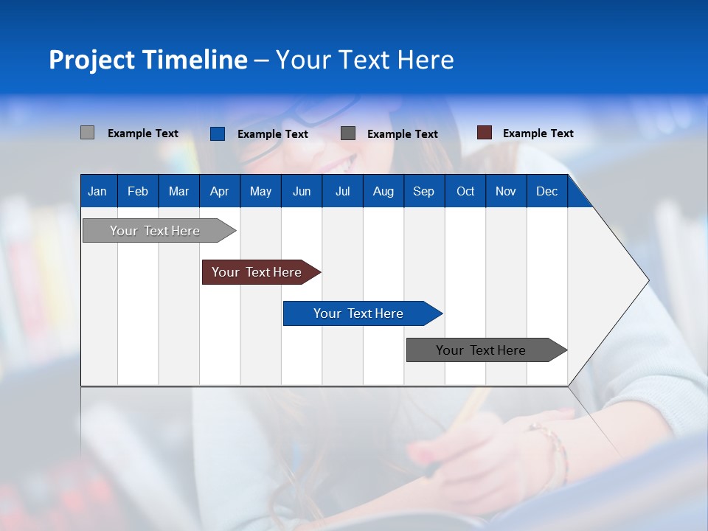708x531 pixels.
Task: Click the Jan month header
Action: point(97,191)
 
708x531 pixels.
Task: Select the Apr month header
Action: point(219,191)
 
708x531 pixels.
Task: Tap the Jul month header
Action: point(342,191)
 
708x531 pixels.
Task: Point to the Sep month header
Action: point(423,191)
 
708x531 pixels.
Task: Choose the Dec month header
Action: point(546,191)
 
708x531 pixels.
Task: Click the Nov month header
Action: point(505,191)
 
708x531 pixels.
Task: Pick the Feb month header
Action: point(138,191)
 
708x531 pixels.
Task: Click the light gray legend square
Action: point(87,133)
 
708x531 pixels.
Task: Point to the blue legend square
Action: point(217,133)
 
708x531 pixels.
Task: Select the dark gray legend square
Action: point(348,133)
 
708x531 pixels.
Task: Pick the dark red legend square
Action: point(484,133)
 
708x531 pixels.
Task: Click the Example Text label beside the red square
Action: point(538,133)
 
